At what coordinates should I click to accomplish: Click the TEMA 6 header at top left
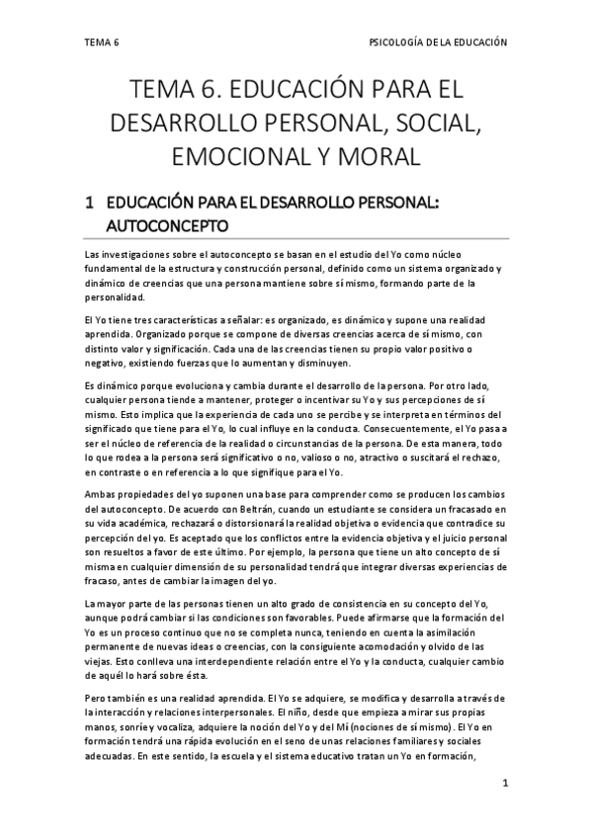pos(102,43)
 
